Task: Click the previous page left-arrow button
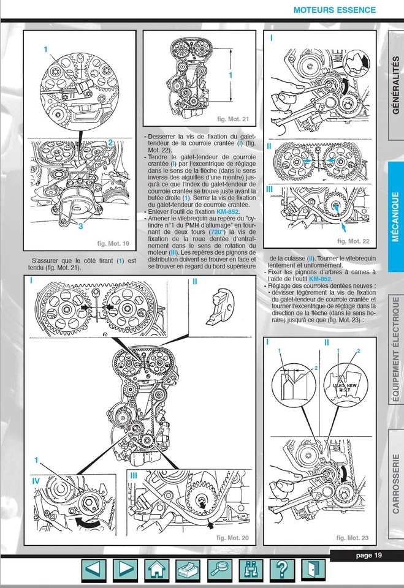point(94,571)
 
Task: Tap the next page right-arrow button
point(125,571)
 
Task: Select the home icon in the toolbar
point(157,571)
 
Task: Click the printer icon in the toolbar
point(188,571)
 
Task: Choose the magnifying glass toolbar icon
point(219,571)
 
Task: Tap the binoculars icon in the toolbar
point(251,571)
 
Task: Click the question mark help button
point(282,571)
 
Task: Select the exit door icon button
point(313,571)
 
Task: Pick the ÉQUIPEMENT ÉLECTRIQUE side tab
point(395,350)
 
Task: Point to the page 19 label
point(369,556)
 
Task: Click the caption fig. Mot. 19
point(113,244)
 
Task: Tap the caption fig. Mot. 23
point(352,538)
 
